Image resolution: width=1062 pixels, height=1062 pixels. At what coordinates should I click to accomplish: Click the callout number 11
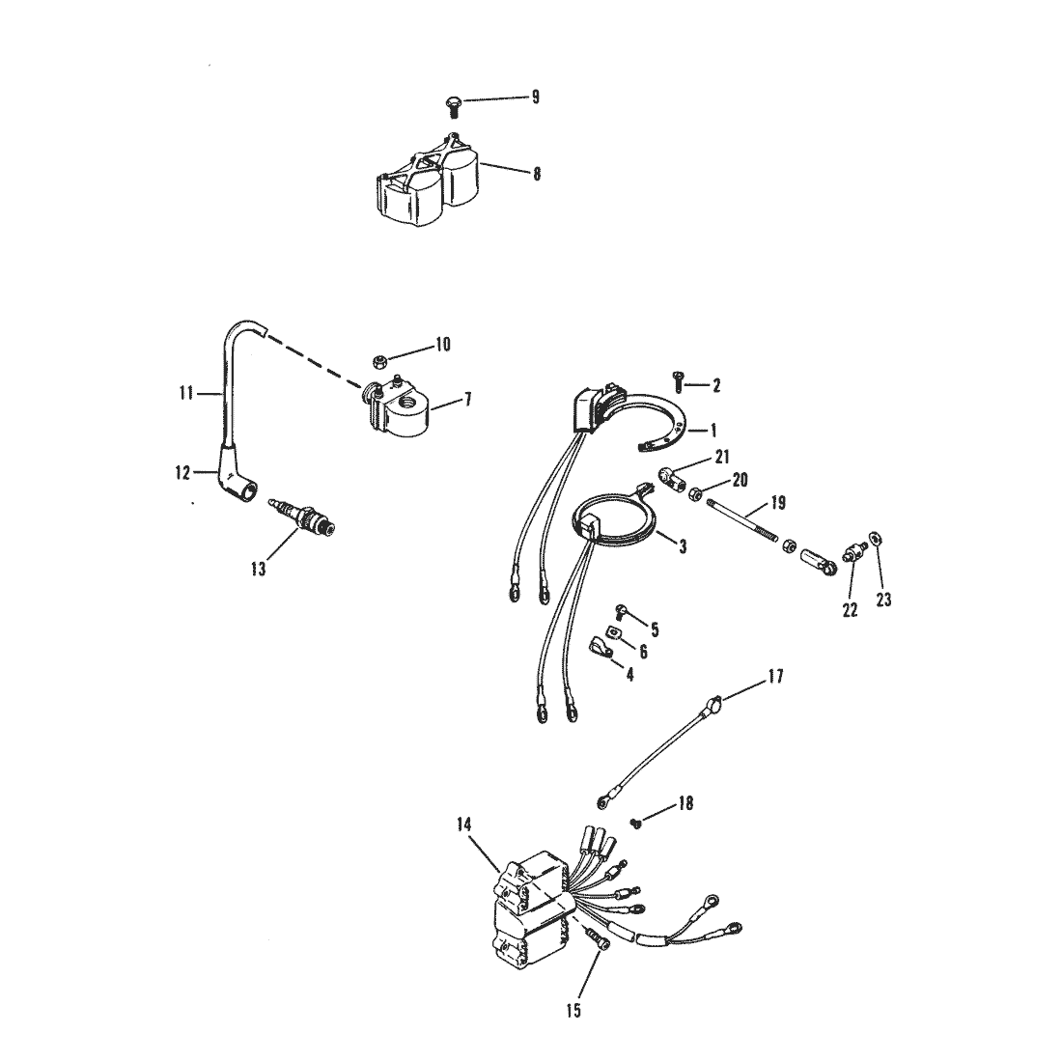click(x=187, y=394)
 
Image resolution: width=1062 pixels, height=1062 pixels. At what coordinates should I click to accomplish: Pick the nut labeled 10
click(x=379, y=362)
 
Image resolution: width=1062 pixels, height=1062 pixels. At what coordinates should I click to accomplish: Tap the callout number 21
click(x=722, y=456)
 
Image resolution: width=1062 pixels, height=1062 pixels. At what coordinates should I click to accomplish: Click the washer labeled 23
click(x=875, y=538)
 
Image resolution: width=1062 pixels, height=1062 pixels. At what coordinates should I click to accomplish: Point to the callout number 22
click(x=851, y=611)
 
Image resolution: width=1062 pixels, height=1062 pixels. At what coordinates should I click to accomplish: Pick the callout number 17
click(x=777, y=677)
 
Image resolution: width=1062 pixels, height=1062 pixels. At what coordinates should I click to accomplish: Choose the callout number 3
click(x=683, y=546)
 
